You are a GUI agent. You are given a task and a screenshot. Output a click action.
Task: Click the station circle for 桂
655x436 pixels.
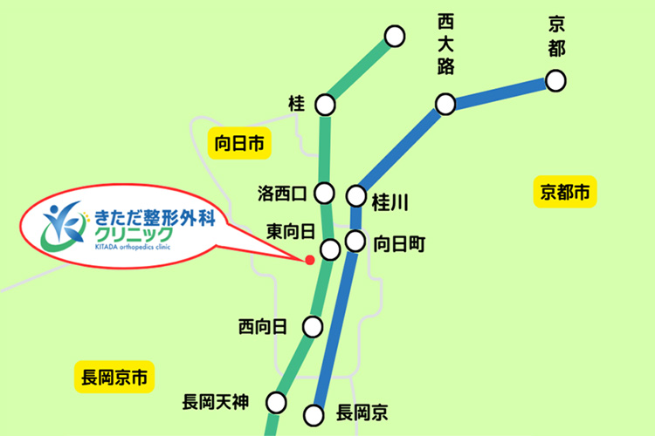coord(325,105)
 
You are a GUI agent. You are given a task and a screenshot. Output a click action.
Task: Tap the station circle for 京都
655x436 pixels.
coord(555,81)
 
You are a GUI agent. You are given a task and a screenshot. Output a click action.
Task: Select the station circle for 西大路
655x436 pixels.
coord(446,105)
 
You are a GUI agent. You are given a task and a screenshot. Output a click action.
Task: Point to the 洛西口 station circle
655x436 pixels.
coord(325,192)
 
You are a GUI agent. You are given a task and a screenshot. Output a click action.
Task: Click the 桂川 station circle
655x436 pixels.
coord(356,194)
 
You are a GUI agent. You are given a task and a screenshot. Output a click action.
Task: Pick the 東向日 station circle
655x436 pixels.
coord(330,249)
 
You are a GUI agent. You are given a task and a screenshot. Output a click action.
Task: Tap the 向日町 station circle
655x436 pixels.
coord(355,242)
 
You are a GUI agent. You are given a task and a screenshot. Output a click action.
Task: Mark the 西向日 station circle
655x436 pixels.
coord(312,327)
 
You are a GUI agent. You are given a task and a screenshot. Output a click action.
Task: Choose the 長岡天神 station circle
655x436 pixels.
coord(277,402)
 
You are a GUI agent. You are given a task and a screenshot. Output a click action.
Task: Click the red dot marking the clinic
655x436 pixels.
coord(309,260)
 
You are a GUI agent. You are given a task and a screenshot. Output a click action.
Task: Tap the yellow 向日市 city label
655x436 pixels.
coord(238,143)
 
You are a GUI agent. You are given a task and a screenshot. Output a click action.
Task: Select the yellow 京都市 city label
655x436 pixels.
coord(564,192)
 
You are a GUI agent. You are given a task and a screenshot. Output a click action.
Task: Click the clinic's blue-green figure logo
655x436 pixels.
coord(65,225)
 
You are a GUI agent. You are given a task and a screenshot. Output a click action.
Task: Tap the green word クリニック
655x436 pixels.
coord(132,234)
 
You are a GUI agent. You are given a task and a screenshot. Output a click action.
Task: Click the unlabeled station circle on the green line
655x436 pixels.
coord(395,36)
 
